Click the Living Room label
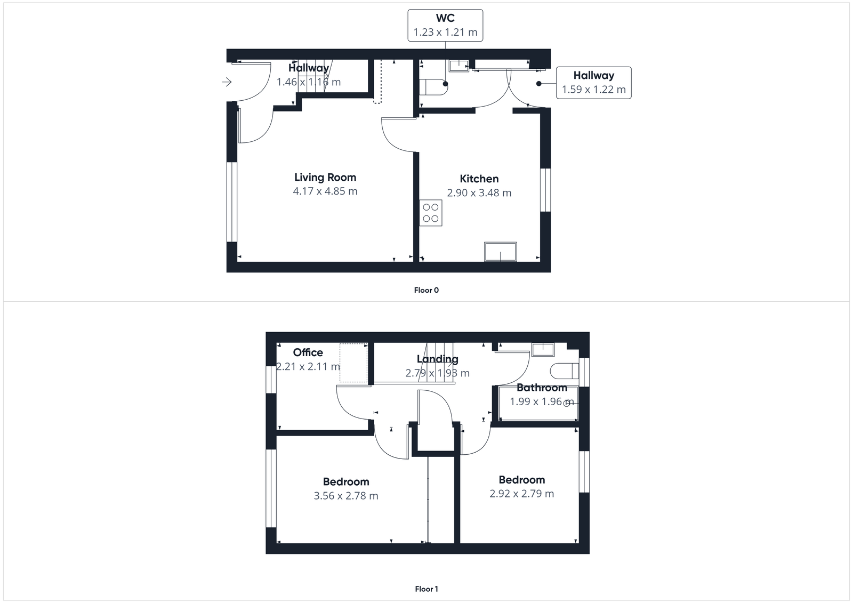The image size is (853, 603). click(325, 178)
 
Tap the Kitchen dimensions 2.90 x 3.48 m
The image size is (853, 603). click(479, 193)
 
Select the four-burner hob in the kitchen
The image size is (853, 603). click(431, 213)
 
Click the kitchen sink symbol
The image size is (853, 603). click(500, 252)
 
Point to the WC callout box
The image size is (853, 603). click(445, 25)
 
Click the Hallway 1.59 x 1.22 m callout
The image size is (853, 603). click(593, 83)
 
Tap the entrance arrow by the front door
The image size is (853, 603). click(227, 82)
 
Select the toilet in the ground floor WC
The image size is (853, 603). click(433, 87)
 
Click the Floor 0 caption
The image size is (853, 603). click(426, 291)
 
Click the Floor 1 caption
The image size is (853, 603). click(426, 589)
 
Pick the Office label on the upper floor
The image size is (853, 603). click(308, 352)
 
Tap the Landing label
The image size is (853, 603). click(437, 359)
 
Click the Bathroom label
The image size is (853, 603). click(542, 388)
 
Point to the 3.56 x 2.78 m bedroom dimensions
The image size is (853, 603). click(346, 496)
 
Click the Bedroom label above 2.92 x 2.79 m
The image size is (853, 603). click(521, 480)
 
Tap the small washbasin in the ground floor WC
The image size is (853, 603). click(458, 66)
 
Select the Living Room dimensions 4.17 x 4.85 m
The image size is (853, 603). click(325, 191)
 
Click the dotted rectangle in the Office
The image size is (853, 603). click(353, 363)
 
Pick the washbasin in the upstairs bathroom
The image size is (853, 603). click(543, 349)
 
